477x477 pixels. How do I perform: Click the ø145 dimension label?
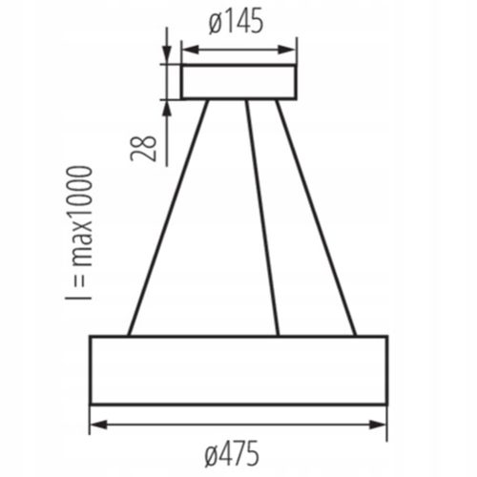(x=236, y=21)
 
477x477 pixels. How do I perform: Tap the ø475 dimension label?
(x=232, y=453)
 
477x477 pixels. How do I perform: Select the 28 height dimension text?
(x=144, y=149)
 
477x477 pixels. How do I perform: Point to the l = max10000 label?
(x=79, y=233)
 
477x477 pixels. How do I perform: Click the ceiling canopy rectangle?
(x=238, y=82)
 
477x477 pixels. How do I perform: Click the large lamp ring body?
(x=238, y=370)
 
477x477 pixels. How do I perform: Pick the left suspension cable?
(x=168, y=218)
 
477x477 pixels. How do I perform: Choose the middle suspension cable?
(x=262, y=218)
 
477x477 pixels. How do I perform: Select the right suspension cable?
(x=316, y=218)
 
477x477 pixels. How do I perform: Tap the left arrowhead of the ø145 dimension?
(x=190, y=50)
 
